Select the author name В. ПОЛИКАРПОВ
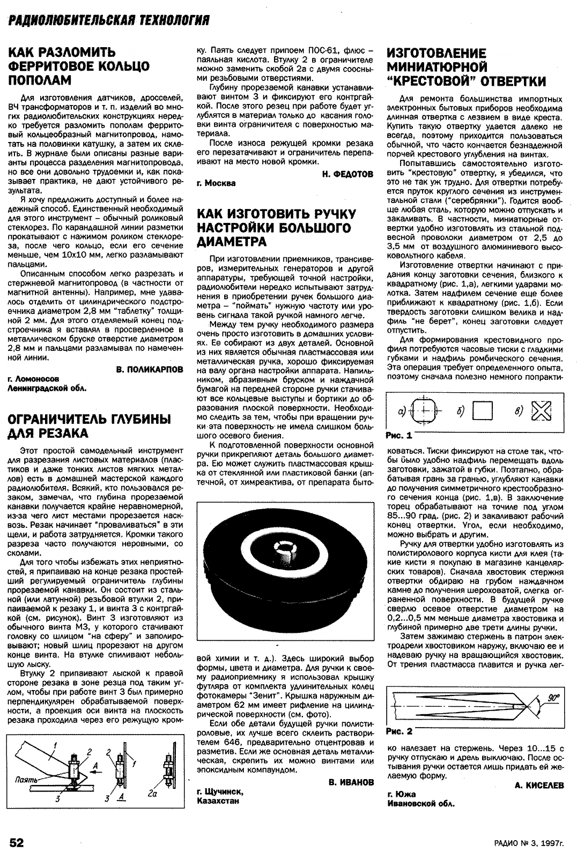149,370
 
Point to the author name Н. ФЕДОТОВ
348,174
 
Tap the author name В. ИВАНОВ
351,782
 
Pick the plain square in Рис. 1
483,412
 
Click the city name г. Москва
217,183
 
